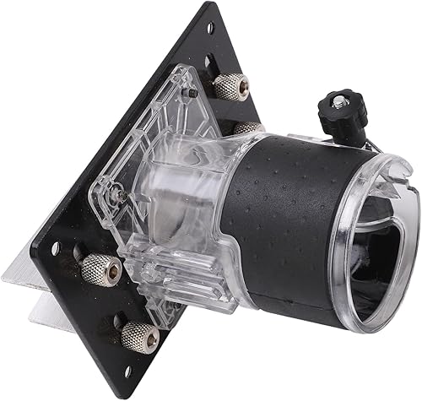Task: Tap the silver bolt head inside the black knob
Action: (338, 102)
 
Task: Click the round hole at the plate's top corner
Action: (208, 26)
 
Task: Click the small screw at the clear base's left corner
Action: (122, 197)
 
